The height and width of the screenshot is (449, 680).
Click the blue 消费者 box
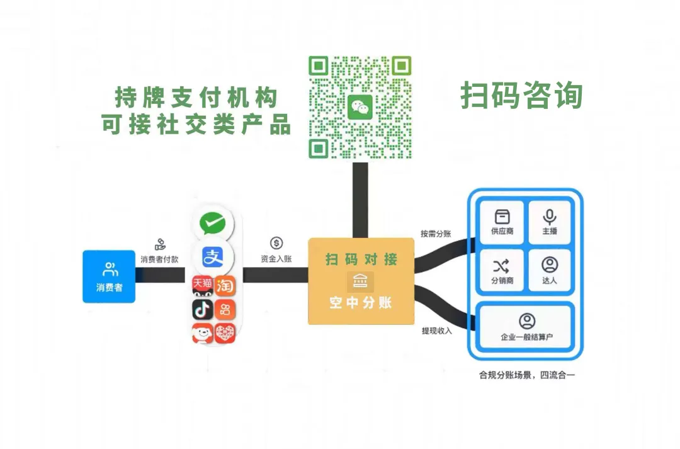[109, 276]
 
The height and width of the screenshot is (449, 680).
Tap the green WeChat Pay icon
[213, 223]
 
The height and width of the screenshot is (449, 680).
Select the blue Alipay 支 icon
[213, 256]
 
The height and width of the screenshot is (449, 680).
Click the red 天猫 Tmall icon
[202, 285]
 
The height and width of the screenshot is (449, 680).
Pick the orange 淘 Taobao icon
[225, 285]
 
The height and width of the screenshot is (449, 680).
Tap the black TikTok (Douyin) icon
[202, 309]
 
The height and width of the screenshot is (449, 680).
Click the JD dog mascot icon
[202, 332]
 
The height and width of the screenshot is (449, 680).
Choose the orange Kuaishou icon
[225, 309]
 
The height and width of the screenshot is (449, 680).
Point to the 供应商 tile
[502, 222]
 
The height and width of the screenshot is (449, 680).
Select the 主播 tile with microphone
[549, 222]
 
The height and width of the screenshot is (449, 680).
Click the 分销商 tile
[502, 270]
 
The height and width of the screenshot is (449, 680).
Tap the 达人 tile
[549, 270]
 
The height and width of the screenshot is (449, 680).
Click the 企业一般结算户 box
[526, 327]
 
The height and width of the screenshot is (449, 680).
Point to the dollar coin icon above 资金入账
[276, 243]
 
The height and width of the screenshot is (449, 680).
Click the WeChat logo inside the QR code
[360, 107]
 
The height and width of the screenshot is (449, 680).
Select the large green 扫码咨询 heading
[522, 96]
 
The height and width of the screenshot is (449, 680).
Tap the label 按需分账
[436, 234]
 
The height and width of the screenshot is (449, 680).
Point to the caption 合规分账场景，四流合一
[527, 376]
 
